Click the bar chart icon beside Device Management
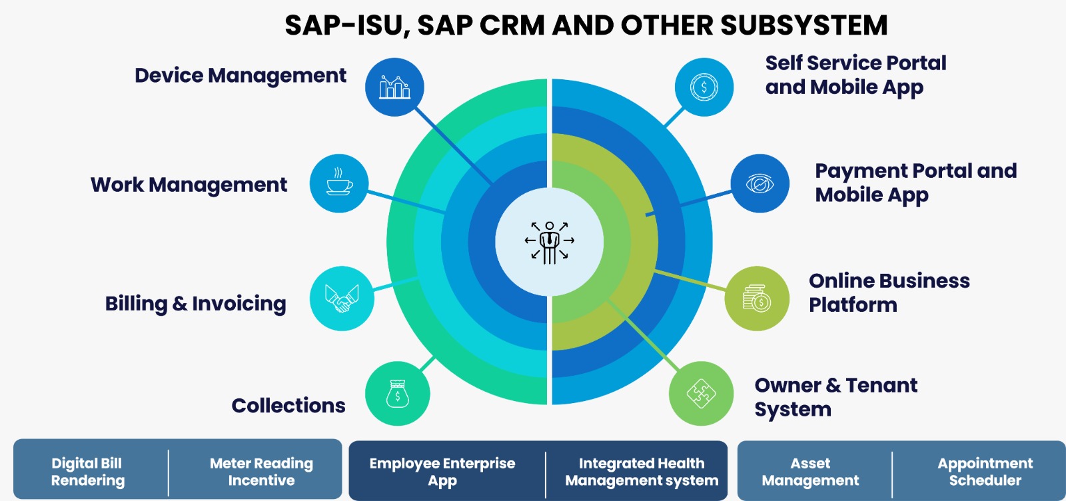(394, 87)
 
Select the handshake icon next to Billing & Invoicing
(342, 298)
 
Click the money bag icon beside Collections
(397, 394)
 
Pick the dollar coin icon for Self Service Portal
(704, 87)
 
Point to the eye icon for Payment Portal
(760, 184)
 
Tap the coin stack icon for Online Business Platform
(757, 298)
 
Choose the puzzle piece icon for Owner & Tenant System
(701, 394)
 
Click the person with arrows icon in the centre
(549, 243)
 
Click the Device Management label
(241, 76)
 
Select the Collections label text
(288, 406)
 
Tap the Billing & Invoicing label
(196, 304)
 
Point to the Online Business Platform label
(889, 292)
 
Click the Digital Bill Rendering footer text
(87, 472)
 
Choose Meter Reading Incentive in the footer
(261, 472)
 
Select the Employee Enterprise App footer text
(442, 472)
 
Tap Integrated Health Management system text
(642, 472)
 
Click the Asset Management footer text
(810, 472)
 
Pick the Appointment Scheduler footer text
(985, 472)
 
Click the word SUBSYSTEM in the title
(804, 25)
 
